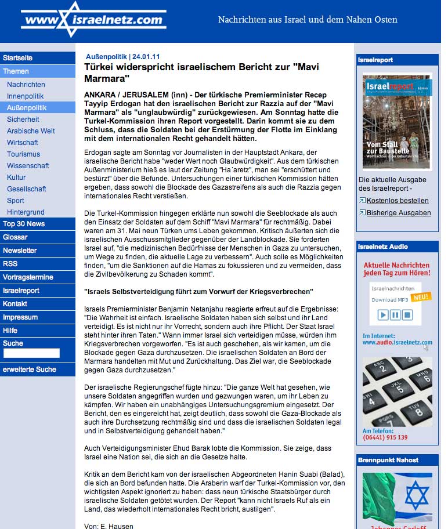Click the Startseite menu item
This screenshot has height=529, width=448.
point(18,58)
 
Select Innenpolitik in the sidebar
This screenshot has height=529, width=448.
point(26,96)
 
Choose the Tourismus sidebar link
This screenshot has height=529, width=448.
point(24,154)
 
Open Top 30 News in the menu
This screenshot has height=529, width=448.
point(24,223)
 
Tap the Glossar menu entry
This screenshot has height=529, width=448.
point(15,237)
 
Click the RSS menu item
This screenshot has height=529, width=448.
point(10,263)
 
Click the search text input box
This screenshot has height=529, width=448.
point(31,353)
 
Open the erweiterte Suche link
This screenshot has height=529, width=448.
point(30,369)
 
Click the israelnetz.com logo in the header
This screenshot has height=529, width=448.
point(93,20)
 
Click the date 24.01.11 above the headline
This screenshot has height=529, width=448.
point(145,57)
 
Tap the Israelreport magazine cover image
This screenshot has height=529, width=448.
point(397,121)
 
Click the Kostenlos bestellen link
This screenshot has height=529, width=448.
point(398,201)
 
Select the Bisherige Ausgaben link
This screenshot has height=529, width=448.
point(399,213)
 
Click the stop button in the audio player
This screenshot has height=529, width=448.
point(407,315)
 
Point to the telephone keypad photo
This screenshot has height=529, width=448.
point(397,392)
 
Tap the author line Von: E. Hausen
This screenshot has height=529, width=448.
point(109,526)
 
